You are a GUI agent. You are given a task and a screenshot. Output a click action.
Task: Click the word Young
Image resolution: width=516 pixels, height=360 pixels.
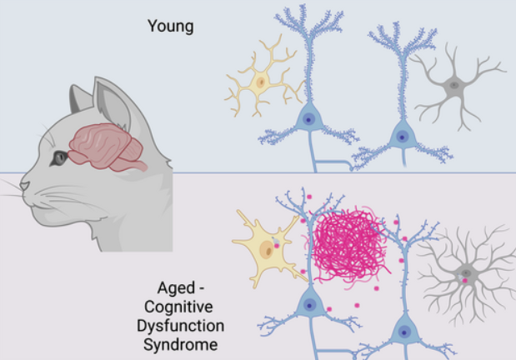point(170,27)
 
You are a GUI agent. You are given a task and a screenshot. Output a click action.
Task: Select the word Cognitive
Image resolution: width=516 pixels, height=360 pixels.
point(178,307)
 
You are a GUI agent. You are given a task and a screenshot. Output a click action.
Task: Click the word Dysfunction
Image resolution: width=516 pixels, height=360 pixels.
point(181,326)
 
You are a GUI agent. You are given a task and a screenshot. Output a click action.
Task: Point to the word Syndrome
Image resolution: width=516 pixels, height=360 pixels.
point(181,345)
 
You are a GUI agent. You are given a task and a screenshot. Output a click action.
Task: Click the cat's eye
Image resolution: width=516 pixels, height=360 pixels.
point(59,158)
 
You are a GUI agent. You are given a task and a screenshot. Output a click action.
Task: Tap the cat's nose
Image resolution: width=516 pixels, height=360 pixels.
point(24,186)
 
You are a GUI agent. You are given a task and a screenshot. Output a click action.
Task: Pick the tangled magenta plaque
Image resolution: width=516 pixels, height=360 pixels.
point(348,246)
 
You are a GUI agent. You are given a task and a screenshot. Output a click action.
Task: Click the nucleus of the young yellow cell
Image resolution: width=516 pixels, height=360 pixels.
point(261,82)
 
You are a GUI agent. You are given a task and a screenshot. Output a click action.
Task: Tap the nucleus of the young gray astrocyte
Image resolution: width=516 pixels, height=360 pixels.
point(454,85)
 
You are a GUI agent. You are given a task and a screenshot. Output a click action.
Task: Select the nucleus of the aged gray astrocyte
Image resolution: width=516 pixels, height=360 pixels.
point(466,272)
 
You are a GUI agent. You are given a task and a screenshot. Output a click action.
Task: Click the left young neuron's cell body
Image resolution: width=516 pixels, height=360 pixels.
point(308,119)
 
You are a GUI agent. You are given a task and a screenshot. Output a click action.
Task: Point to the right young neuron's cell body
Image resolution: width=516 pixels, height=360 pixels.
point(402,136)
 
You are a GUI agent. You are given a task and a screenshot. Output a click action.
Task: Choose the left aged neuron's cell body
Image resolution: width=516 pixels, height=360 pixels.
point(309,305)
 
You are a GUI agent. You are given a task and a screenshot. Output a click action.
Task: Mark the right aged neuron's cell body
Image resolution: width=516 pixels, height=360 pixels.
point(404,331)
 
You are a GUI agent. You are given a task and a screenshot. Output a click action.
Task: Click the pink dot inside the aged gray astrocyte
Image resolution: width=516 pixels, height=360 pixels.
point(465,281)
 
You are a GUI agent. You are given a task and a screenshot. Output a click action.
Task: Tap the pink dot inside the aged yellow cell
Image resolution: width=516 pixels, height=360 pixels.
point(277,246)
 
